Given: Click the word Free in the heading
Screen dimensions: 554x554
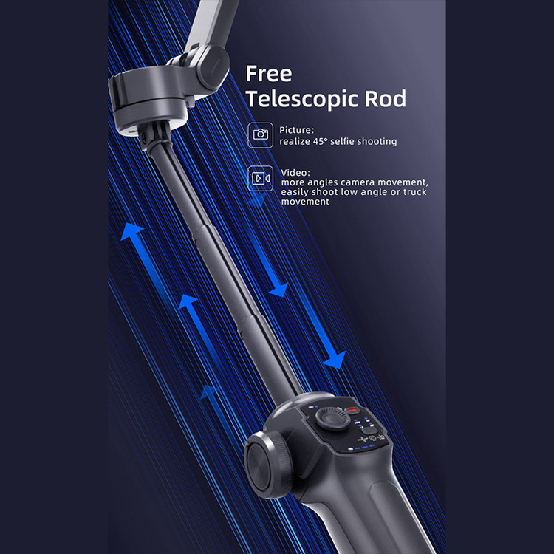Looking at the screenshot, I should (x=269, y=74).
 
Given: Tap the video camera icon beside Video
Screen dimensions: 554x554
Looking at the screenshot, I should (x=260, y=179).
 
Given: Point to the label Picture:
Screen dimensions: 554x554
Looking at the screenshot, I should (x=296, y=130).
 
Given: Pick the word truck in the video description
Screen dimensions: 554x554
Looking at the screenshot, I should (x=414, y=192).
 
